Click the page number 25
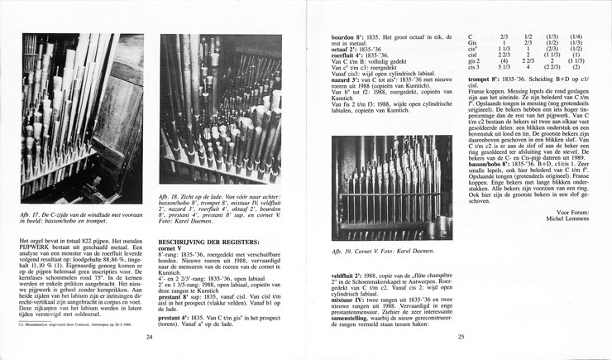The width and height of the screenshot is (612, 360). click(459, 338)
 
